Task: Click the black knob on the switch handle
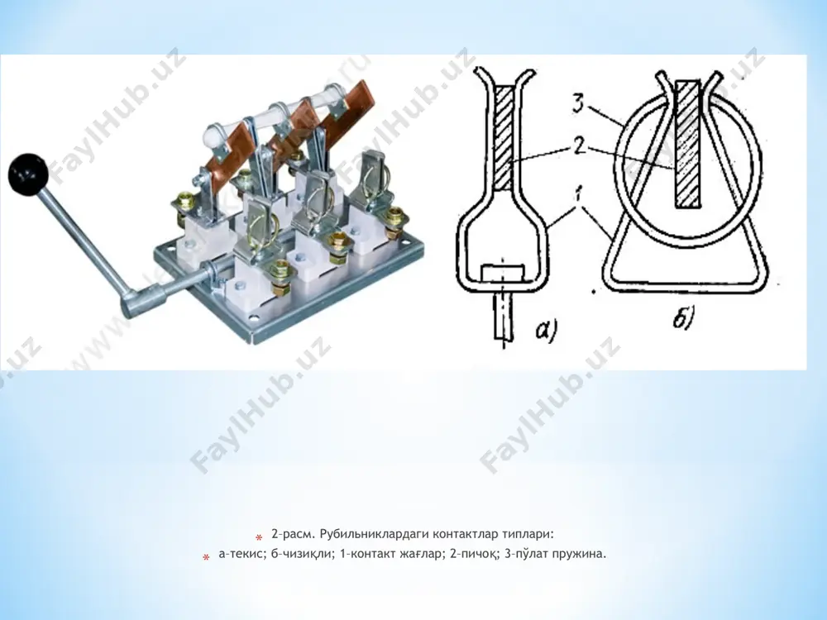point(28,173)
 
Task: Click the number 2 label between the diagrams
point(579,145)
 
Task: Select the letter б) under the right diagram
point(684,319)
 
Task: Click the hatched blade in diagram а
point(503,139)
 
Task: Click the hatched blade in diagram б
point(688,143)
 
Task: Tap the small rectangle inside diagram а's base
point(503,274)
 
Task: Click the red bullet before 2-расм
point(259,538)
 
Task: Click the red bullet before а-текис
point(206,557)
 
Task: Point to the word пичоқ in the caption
point(477,555)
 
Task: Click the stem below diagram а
point(503,317)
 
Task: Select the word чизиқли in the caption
point(308,555)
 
